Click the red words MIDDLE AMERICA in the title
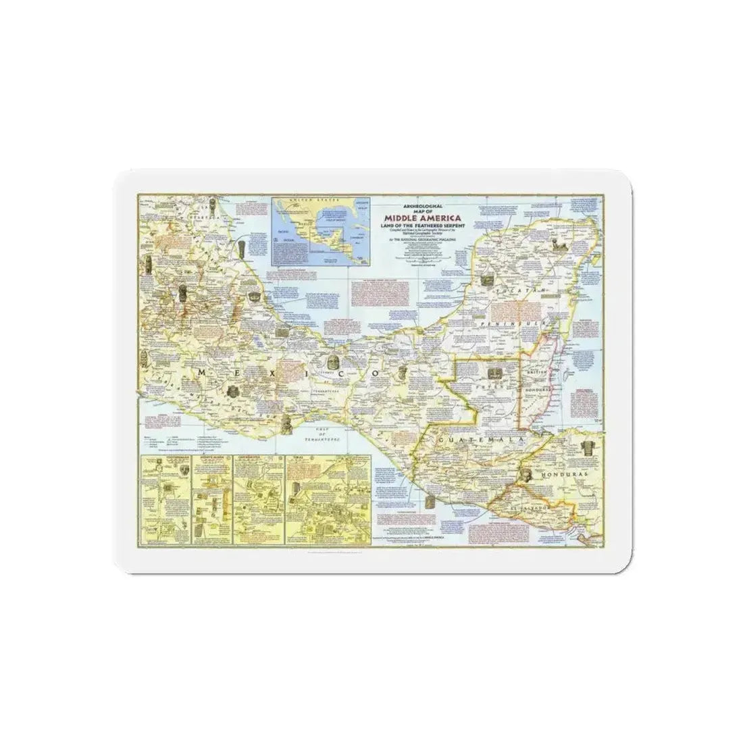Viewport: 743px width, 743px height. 422,217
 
